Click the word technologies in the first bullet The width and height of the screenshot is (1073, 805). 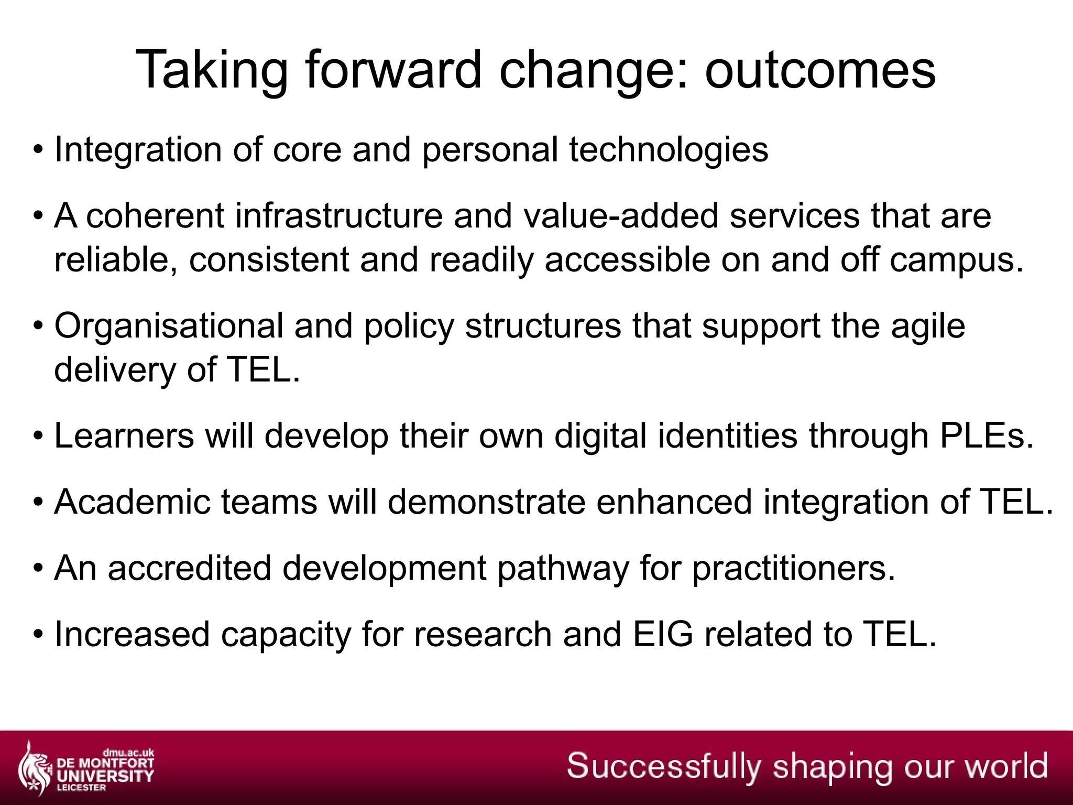coord(669,150)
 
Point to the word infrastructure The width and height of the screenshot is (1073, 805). coord(338,216)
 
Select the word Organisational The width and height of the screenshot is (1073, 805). coord(169,326)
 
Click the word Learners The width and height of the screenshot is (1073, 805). coord(124,436)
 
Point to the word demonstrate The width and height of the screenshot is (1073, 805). coord(486,502)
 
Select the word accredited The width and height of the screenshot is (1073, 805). coord(190,568)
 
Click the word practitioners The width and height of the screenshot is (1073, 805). coord(793,568)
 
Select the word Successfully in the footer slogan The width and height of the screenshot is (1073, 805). coord(663,766)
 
